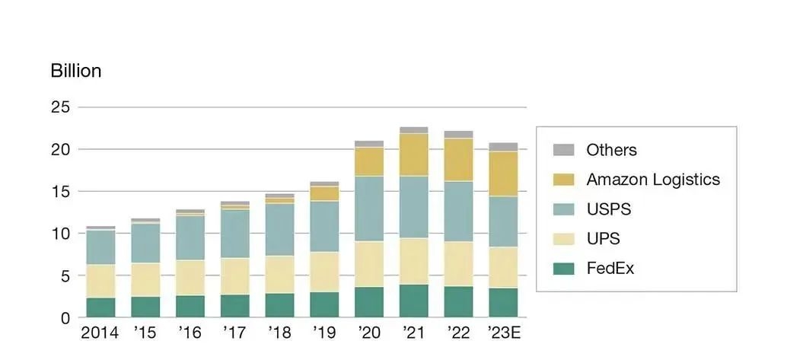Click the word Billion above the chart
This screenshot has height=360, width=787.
point(75,71)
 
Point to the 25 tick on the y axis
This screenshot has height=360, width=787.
point(61,107)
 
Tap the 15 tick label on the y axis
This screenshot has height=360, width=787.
point(61,191)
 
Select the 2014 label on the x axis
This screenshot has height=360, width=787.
point(100,333)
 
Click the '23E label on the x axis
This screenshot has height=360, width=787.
point(503,333)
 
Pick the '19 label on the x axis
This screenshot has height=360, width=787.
point(324,333)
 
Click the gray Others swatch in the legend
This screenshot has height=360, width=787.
point(564,150)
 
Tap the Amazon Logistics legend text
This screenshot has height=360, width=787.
point(652,180)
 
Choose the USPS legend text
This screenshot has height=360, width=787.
point(609,209)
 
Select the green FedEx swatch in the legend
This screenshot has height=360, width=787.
point(564,269)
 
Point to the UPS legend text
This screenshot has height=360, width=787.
point(603,239)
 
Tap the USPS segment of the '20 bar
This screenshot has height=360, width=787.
point(369,209)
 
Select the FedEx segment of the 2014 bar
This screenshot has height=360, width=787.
point(100,307)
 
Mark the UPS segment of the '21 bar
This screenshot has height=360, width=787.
point(413,261)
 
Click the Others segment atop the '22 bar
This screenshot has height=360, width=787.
point(458,134)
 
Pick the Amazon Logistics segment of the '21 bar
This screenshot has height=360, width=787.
point(413,155)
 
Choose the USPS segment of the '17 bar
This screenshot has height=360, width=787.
point(234,234)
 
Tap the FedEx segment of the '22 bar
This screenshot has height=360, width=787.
point(458,301)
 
